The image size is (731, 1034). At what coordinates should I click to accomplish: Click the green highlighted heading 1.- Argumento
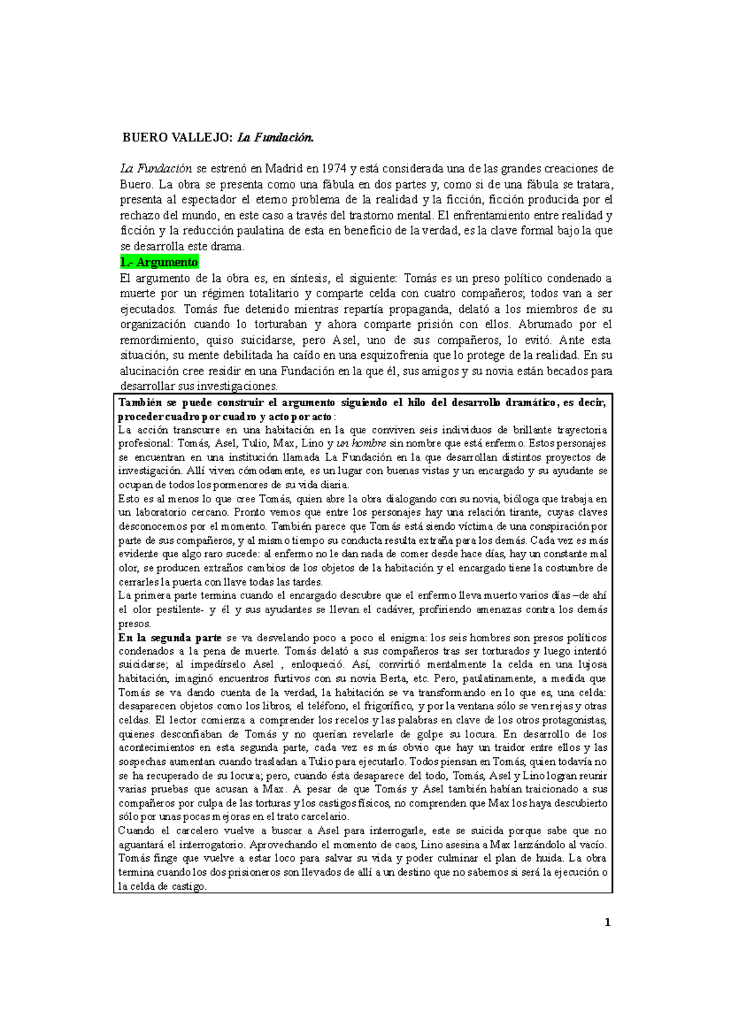pos(159,262)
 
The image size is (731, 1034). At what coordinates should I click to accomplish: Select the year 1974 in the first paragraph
pos(334,169)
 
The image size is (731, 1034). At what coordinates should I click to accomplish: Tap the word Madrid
pos(284,169)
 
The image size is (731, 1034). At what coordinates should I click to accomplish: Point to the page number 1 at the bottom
pos(607,923)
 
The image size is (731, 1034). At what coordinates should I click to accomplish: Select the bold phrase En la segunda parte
pos(170,638)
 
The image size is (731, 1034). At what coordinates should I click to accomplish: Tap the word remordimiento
pos(158,340)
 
